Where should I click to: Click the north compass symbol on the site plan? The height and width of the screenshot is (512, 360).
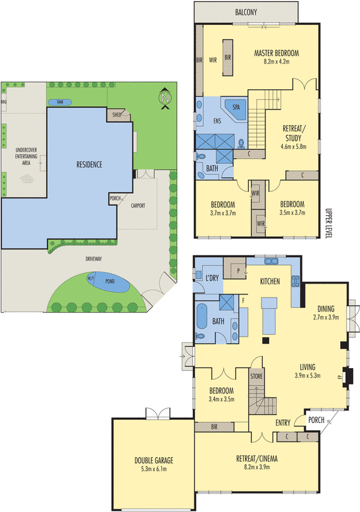coord(166,98)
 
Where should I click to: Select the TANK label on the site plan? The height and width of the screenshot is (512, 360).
coord(59,102)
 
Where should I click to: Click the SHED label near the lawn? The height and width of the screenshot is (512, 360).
coord(117,115)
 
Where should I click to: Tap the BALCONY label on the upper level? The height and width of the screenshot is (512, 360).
coord(246,11)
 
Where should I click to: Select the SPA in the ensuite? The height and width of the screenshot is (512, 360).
coord(236,107)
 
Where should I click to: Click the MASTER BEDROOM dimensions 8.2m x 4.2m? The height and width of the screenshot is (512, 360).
coord(276,63)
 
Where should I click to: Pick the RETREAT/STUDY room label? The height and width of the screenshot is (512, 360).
coord(294,132)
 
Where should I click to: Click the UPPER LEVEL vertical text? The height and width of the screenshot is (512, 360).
coord(329,223)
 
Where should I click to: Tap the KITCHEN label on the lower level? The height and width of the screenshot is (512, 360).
coord(269,281)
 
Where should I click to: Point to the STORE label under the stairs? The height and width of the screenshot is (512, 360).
coord(256,376)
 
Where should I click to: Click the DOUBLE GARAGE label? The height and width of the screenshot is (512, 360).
coord(154,460)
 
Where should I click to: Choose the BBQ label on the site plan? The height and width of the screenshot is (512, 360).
coord(4,102)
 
